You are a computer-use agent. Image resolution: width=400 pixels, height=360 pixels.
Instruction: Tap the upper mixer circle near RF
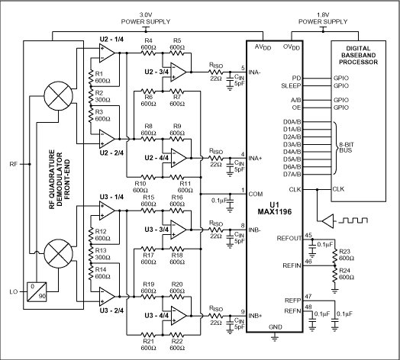coord(56,100)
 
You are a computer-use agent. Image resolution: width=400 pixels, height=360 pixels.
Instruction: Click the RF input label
coord(12,164)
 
